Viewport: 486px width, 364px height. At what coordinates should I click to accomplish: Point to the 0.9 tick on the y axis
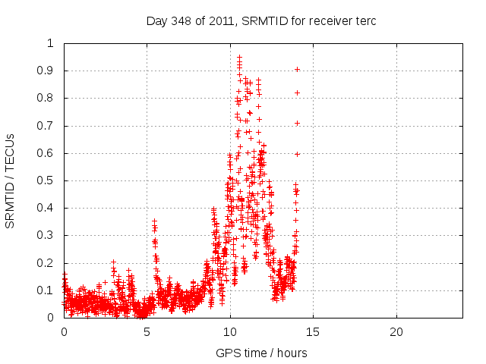tap(49, 71)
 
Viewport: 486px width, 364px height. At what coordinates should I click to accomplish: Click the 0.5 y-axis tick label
tap(49, 180)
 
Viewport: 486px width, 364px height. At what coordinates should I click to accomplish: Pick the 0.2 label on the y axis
tap(49, 263)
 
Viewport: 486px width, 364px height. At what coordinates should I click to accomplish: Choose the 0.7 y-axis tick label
tap(49, 126)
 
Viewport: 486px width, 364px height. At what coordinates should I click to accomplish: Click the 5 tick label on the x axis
tap(147, 332)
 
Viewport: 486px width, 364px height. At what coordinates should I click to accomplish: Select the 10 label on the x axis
tap(230, 332)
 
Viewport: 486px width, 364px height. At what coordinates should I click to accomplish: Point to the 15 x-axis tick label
tap(313, 332)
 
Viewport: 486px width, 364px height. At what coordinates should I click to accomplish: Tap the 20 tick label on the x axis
tap(396, 332)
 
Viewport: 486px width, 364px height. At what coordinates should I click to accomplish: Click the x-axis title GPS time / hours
tap(261, 353)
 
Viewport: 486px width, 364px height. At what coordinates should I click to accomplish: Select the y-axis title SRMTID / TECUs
tap(11, 180)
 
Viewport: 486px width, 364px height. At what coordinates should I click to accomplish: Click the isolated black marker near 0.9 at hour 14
tap(297, 69)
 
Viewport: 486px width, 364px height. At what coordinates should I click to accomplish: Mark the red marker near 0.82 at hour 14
tap(297, 93)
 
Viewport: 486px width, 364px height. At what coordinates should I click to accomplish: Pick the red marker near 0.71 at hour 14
tap(297, 123)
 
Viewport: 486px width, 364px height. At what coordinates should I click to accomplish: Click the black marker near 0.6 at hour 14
tap(297, 154)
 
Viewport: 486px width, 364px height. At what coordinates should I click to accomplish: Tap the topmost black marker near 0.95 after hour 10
tap(239, 57)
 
